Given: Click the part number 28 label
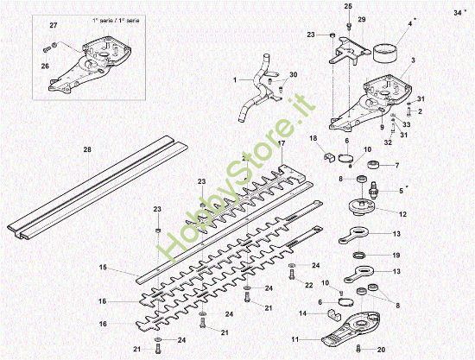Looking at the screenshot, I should click(x=86, y=150).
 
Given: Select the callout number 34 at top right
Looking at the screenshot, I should click(x=457, y=13).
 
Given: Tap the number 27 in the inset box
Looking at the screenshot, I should click(x=52, y=27).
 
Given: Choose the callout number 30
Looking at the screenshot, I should click(x=293, y=75).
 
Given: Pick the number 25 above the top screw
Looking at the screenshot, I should click(x=349, y=7).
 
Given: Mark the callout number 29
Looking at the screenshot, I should click(x=361, y=20).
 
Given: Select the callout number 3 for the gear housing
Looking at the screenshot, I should click(x=414, y=60).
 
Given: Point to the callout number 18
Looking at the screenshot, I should click(x=313, y=139).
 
